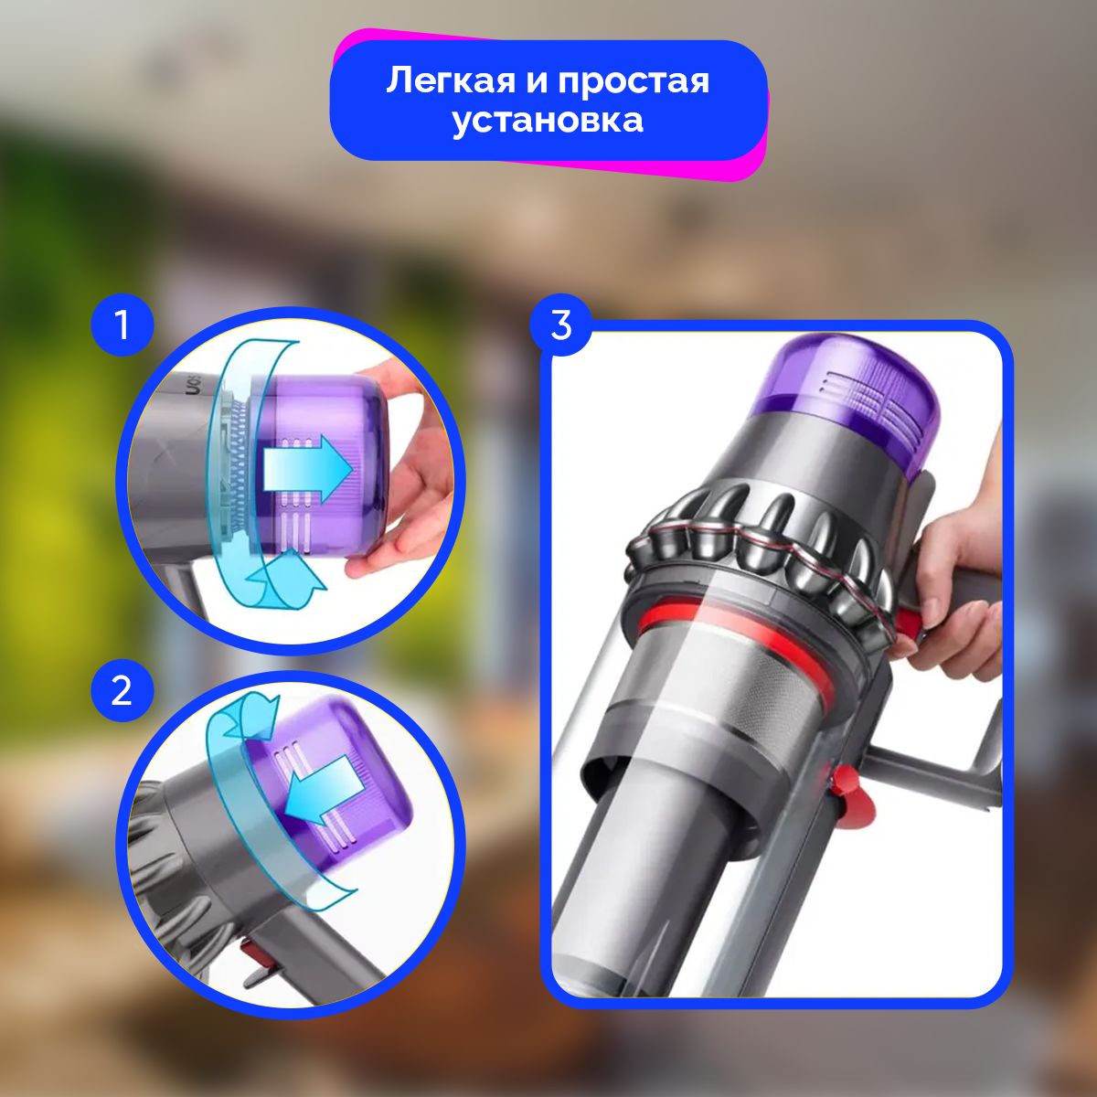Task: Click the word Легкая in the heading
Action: [451, 81]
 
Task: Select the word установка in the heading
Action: [548, 121]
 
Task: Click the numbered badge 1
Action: [122, 325]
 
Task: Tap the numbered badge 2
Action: [122, 691]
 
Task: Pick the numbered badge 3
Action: [560, 325]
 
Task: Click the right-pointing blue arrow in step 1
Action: [306, 469]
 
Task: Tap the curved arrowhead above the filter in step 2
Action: [250, 718]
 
